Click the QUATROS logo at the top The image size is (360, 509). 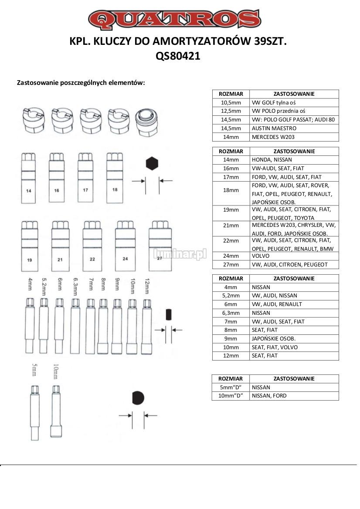click(x=174, y=19)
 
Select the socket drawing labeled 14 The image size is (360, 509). click(x=29, y=179)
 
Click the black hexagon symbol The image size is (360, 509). click(x=152, y=164)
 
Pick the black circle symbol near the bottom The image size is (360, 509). click(x=138, y=398)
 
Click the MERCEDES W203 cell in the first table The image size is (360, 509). click(x=295, y=137)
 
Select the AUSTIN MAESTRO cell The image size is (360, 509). click(x=295, y=128)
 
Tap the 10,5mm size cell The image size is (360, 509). click(x=231, y=102)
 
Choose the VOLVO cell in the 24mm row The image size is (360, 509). click(x=295, y=256)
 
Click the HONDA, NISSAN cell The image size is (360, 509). click(x=295, y=160)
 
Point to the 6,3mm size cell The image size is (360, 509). click(x=231, y=313)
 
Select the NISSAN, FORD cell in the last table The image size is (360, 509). click(x=295, y=396)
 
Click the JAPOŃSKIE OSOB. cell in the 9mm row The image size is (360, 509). click(x=295, y=338)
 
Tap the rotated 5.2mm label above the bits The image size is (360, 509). click(x=44, y=285)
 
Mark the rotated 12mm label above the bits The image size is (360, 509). click(x=147, y=285)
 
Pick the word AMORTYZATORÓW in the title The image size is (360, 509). click(x=209, y=42)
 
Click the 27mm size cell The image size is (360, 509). click(x=231, y=264)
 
